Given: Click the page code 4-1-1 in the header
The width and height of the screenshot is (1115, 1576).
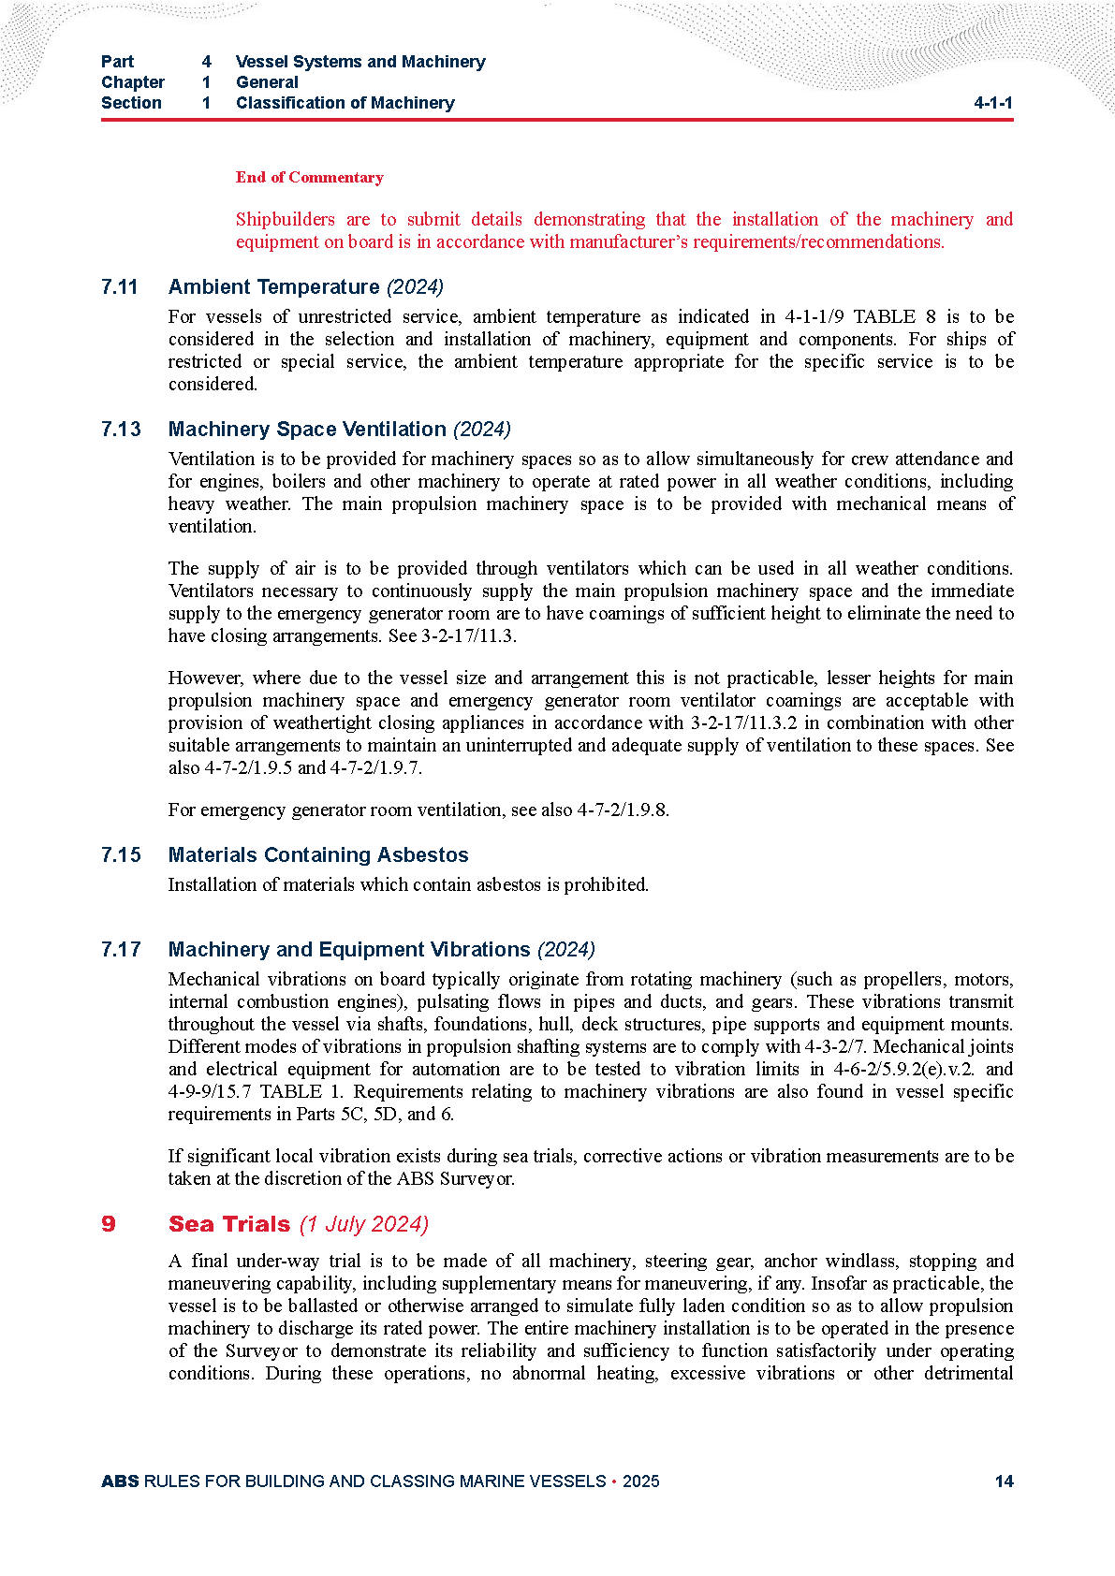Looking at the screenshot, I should (x=992, y=103).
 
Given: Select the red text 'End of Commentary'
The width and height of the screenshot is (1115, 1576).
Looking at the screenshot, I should (x=309, y=177).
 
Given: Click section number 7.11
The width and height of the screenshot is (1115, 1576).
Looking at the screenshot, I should (x=120, y=287).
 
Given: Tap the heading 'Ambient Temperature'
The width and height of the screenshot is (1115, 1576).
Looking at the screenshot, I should (x=273, y=287).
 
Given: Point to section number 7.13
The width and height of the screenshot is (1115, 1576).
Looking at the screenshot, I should (x=121, y=430).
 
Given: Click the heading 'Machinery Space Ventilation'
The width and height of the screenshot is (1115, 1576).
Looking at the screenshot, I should (x=307, y=430).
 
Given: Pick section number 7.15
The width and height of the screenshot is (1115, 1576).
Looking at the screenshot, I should (x=121, y=855).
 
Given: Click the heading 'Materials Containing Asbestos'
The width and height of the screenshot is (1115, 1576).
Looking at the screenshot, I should (x=318, y=855).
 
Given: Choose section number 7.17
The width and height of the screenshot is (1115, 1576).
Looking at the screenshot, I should (x=121, y=950).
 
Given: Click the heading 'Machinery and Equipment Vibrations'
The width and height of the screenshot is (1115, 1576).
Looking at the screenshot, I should (x=349, y=950).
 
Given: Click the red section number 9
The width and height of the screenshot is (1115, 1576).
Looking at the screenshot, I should (x=109, y=1224).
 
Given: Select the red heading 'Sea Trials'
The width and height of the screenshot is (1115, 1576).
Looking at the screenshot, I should (x=229, y=1224).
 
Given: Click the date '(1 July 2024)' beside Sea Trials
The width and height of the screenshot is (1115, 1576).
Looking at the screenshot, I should (x=364, y=1225).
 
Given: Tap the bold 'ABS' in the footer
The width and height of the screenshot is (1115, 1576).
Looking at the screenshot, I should (x=120, y=1481).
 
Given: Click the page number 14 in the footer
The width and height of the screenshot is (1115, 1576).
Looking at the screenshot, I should (x=1004, y=1481).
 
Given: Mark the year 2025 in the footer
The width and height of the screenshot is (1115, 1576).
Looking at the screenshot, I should (x=641, y=1481).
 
